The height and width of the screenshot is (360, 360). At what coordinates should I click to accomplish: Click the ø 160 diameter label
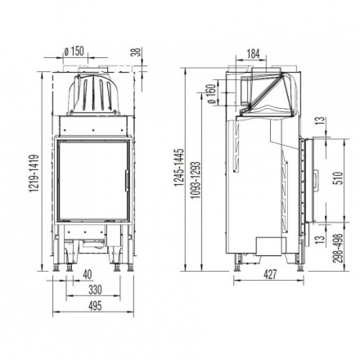pyautogui.click(x=211, y=96)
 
